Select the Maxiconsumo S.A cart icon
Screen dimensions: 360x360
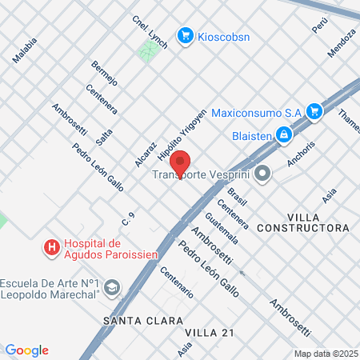[314, 111]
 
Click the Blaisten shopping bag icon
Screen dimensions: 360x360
[283, 136]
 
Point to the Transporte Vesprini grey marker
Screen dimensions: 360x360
[261, 174]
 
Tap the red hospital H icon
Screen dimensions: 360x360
[52, 248]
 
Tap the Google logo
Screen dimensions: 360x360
[27, 350]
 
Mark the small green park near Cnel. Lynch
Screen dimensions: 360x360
[147, 53]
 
